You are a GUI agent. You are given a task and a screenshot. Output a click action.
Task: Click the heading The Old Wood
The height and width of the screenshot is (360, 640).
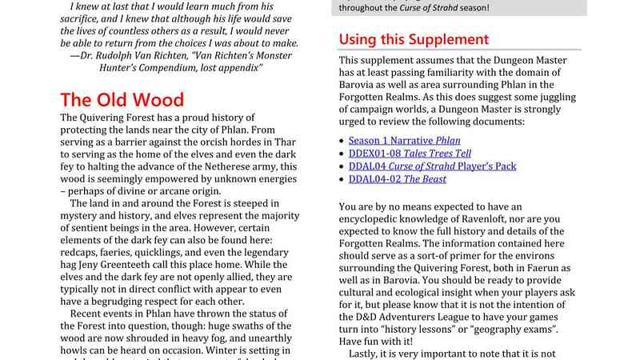(122, 101)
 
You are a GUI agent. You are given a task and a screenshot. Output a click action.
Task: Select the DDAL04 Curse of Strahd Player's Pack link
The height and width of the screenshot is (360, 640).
(432, 166)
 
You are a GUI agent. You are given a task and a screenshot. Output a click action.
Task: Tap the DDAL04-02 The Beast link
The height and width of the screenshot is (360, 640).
(402, 179)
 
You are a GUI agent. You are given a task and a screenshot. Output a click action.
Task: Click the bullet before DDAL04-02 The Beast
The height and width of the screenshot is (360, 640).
(342, 179)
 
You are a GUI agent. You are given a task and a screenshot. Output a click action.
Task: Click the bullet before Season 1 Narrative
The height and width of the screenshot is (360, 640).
(342, 140)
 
